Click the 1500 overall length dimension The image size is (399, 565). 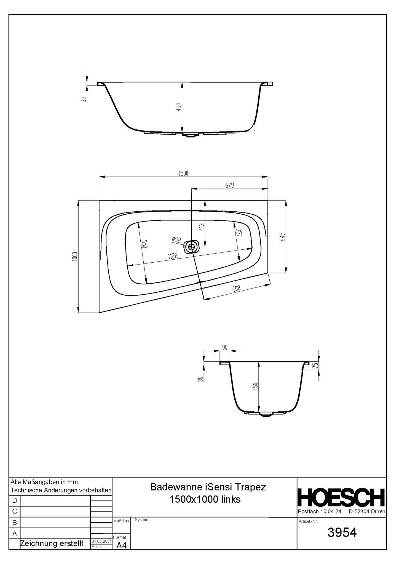(x=183, y=173)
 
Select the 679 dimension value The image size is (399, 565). (x=229, y=185)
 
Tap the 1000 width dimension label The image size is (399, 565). (x=75, y=256)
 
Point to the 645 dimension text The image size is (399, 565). (x=283, y=237)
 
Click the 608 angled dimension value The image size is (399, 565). (x=236, y=289)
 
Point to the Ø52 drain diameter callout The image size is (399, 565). (x=176, y=239)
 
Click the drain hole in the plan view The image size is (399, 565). (x=191, y=246)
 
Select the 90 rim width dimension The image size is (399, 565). (x=225, y=347)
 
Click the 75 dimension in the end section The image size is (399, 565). (x=316, y=366)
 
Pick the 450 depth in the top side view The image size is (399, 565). (x=179, y=107)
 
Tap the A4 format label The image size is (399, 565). (x=121, y=545)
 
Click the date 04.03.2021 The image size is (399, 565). (x=101, y=541)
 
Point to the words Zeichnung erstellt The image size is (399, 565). (x=52, y=543)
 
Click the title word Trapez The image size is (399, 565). (x=250, y=487)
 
